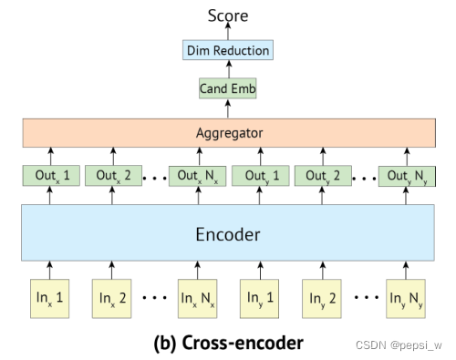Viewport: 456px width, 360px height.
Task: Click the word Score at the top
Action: [x=227, y=15]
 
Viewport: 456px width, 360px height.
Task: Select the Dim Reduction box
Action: [x=227, y=51]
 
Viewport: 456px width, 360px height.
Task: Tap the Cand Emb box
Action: [x=227, y=89]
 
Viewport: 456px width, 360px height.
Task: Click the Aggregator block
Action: [x=228, y=133]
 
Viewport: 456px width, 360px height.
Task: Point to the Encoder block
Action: [x=228, y=234]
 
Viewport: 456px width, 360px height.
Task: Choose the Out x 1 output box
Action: [x=49, y=175]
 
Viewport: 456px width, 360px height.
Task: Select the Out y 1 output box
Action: [x=259, y=175]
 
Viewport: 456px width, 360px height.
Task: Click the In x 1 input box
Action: [x=49, y=297]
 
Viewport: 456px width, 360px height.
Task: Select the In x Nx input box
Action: [x=198, y=297]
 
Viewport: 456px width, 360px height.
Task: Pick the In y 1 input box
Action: [x=259, y=297]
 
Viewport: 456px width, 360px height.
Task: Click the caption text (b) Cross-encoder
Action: [x=228, y=343]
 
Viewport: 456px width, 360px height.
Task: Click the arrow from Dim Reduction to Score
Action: [x=227, y=33]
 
